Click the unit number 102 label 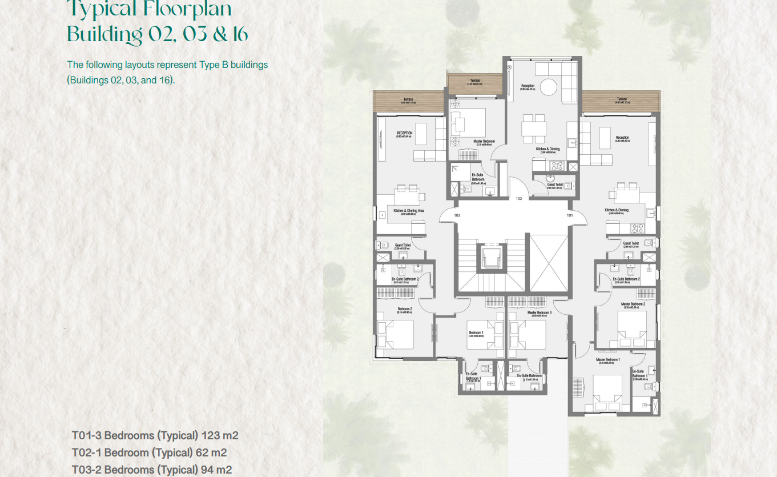point(518,199)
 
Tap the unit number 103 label point(457,215)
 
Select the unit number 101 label point(570,215)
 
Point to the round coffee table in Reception point(548,87)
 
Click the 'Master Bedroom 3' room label point(540,313)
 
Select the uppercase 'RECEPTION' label point(405,134)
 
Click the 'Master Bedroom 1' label point(608,360)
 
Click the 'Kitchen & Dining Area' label point(409,211)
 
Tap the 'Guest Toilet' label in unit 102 point(555,185)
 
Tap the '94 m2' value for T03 point(216,470)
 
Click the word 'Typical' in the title point(104,9)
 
